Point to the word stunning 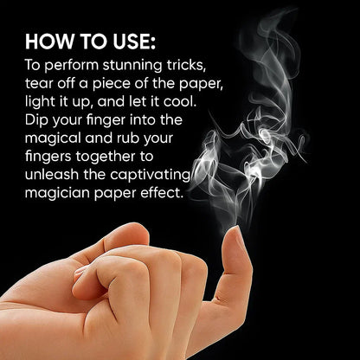tap(133, 66)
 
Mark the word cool tap(180, 102)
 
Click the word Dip tap(36, 120)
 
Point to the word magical tap(53, 138)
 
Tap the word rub tap(127, 138)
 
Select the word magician tap(57, 193)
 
